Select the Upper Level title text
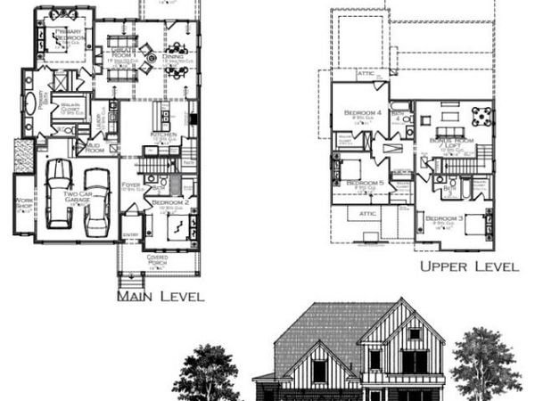pos(470,266)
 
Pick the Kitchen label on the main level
pos(163,135)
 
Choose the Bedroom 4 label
pos(363,113)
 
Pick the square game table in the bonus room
pos(481,115)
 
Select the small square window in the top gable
pos(413,334)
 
